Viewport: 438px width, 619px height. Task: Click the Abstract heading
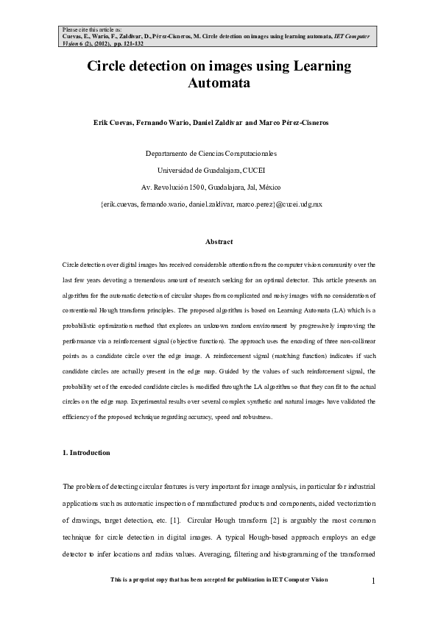coord(219,242)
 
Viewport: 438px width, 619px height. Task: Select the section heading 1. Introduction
coord(87,453)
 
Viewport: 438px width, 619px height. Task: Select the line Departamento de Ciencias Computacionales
coord(211,154)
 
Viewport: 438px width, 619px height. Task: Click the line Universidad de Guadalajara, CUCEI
coord(211,170)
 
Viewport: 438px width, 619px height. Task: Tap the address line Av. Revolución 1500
coord(211,186)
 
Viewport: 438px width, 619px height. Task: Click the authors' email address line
coord(211,202)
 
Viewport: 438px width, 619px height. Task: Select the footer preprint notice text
coord(219,580)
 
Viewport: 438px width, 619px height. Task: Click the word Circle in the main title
coord(110,67)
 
